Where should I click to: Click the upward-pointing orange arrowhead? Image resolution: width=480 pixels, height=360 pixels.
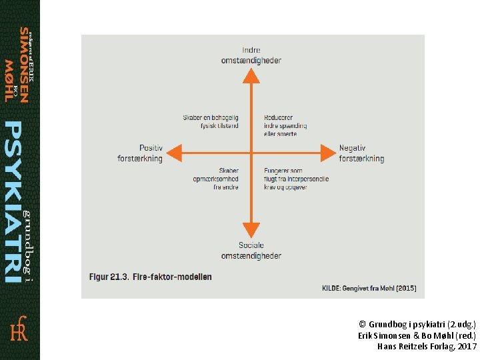click(251, 75)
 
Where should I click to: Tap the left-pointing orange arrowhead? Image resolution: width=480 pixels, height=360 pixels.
click(173, 153)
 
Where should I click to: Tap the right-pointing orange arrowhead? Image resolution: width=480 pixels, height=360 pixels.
click(329, 153)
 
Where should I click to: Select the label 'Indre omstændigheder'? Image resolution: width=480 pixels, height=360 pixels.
click(251, 55)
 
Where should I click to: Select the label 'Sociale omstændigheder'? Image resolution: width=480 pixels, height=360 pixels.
click(251, 251)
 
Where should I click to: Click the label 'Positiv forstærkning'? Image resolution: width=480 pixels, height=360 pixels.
click(140, 153)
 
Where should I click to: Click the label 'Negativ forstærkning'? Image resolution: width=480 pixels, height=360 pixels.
click(361, 153)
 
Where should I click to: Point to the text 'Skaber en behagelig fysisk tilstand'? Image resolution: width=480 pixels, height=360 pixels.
click(210, 121)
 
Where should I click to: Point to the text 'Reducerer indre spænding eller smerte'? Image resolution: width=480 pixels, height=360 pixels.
click(285, 125)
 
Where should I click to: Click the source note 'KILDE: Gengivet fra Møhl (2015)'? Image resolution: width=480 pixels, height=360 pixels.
click(370, 288)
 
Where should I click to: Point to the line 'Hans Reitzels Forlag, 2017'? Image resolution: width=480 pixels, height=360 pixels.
click(427, 346)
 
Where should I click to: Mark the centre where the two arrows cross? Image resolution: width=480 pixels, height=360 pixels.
click(251, 153)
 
